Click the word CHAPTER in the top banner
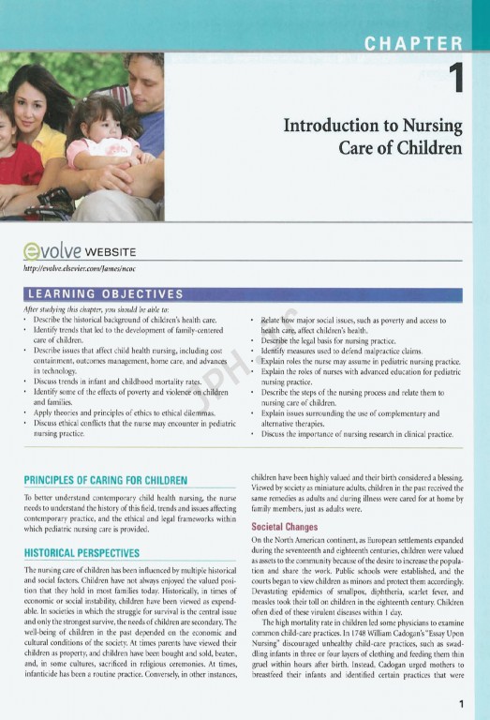(x=413, y=42)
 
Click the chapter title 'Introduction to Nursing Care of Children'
(x=373, y=137)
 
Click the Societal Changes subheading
(x=286, y=527)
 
